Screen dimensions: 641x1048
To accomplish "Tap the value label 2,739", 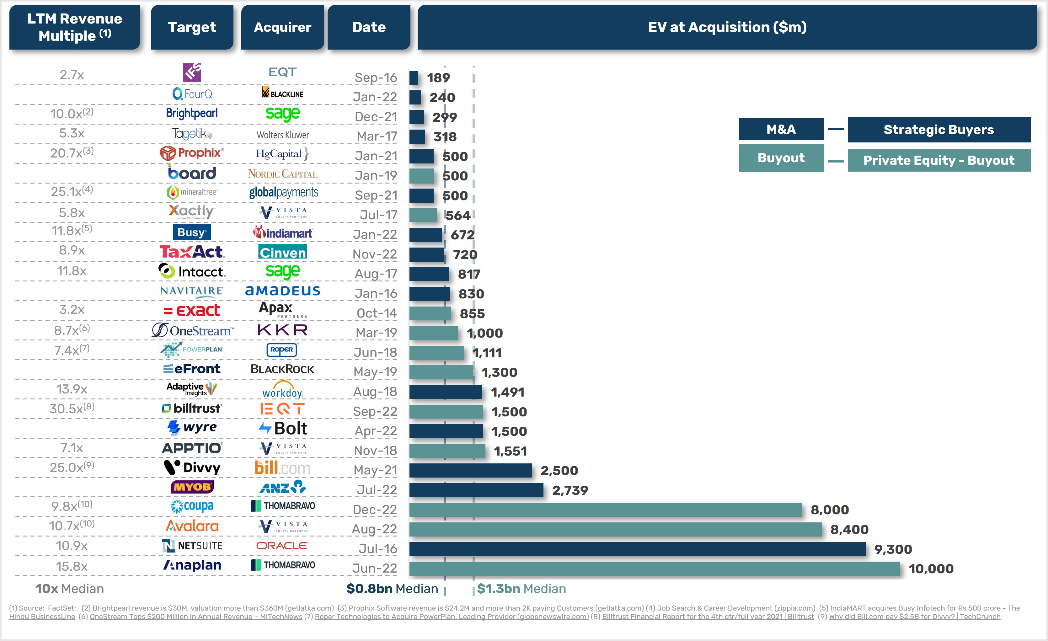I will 570,490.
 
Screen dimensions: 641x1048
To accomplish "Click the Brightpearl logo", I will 192,113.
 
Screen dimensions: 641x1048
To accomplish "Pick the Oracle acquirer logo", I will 282,546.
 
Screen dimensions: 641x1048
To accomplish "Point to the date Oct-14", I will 377,313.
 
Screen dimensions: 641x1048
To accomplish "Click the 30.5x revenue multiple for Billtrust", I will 72,409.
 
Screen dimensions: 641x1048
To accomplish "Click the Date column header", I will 368,27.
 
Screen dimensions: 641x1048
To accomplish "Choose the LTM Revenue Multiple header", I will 74,27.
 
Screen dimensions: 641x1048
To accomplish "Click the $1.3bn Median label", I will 521,589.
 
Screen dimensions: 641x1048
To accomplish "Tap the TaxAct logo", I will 192,252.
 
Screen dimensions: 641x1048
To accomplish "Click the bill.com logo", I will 282,468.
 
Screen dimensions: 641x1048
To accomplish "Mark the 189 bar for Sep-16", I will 414,78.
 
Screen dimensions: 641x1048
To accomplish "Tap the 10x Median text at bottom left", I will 69,589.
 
